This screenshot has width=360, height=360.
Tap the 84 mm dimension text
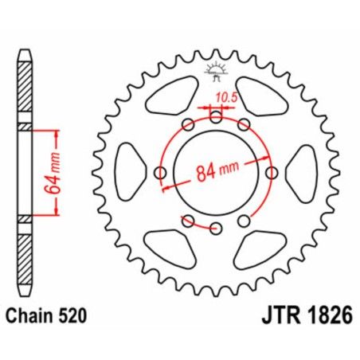217,170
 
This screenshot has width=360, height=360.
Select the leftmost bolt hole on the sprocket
160,174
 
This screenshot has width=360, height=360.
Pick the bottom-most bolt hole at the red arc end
216,229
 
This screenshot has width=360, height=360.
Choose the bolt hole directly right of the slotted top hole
244,125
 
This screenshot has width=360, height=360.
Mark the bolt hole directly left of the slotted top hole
188,125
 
